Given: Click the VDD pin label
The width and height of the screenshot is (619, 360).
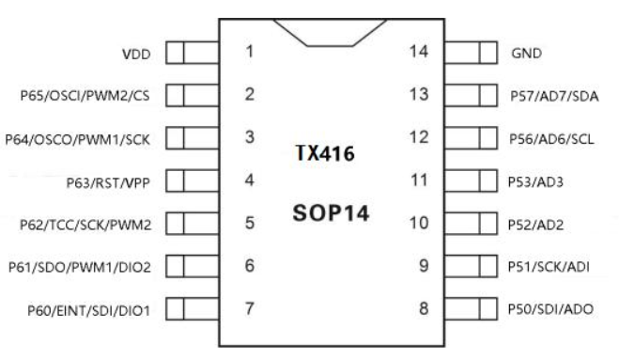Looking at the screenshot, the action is point(136,55).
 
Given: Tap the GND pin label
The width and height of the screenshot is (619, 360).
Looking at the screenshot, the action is point(526,53).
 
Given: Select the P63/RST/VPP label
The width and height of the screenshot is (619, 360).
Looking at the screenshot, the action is point(108,182).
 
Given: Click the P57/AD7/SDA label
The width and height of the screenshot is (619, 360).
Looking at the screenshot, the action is point(554,96).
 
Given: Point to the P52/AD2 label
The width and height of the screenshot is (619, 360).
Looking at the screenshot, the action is point(535,225).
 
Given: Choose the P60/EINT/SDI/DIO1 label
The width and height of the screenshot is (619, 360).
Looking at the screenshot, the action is point(89,310).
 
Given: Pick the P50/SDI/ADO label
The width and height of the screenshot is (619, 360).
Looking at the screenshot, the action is point(550,309).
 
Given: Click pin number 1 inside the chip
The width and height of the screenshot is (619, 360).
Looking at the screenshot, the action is point(249,52).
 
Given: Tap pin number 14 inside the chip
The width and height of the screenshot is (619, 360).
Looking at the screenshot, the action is point(418,52).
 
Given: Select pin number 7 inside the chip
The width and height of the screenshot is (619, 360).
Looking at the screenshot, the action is point(249,308).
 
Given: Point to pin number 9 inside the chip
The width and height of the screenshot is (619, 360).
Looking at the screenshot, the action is point(424,266).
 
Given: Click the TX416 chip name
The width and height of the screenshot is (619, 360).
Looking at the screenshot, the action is point(325,153).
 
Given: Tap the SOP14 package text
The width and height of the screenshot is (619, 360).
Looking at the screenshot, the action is point(331,213).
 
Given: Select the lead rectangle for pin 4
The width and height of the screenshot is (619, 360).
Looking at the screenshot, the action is point(193,181).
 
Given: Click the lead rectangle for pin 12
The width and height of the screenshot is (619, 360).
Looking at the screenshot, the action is point(471,138).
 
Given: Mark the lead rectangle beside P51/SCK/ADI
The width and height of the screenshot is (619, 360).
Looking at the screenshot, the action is point(471,266).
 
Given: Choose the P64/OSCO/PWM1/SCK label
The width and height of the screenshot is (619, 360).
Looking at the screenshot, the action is point(77,139).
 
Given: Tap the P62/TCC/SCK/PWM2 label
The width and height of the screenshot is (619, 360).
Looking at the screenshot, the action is point(85,225).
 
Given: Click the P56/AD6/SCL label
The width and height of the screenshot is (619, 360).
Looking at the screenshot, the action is point(551,139).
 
